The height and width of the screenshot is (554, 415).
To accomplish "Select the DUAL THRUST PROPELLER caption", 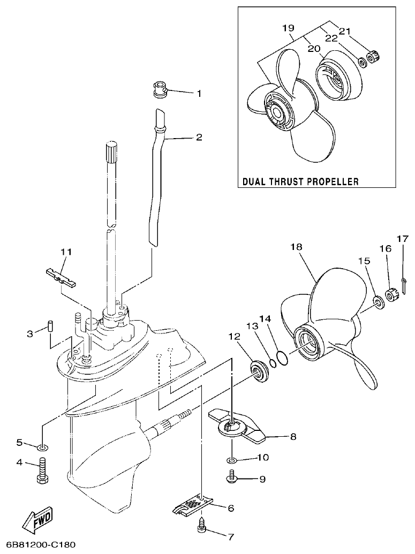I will [300, 181].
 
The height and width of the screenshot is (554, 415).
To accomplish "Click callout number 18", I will [296, 247].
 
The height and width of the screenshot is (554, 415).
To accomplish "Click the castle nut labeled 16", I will [390, 295].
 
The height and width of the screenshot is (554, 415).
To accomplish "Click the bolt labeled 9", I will [233, 477].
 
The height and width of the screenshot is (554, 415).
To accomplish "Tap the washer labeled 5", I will [43, 446].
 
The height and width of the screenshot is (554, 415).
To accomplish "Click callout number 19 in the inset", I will [288, 27].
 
